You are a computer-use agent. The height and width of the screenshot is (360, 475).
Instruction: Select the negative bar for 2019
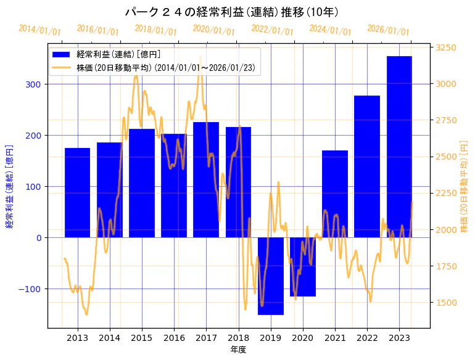[x=270, y=276]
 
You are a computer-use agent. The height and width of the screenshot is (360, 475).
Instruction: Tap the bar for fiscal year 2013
[x=78, y=192]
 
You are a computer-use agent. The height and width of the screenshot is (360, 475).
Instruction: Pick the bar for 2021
[x=335, y=194]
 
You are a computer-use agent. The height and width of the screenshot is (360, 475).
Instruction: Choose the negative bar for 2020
[x=303, y=266]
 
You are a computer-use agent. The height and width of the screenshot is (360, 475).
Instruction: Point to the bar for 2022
[x=367, y=166]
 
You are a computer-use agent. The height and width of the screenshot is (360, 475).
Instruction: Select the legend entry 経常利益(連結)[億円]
[x=117, y=55]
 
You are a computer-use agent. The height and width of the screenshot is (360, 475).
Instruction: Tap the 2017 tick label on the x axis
[x=206, y=338]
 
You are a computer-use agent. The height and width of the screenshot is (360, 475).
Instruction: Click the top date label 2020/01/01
[x=214, y=30]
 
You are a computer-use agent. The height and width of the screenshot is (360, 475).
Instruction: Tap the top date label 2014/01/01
[x=39, y=30]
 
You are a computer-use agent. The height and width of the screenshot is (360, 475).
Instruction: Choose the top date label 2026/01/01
[x=388, y=30]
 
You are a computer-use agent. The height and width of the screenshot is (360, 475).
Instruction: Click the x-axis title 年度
[x=238, y=350]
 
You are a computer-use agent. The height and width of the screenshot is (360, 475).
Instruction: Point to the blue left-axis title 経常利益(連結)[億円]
[x=9, y=186]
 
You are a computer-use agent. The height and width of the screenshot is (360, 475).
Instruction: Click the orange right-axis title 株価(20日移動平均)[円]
[x=464, y=186]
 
